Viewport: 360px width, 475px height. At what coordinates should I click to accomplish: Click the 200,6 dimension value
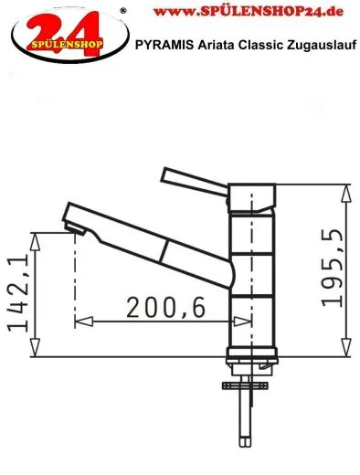click(160, 310)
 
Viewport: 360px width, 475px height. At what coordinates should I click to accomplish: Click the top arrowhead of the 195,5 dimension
click(346, 190)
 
